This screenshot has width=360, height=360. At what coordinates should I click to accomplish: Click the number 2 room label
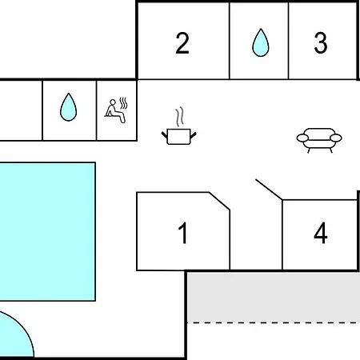point(182,43)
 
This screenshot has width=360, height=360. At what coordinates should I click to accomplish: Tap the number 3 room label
point(321,42)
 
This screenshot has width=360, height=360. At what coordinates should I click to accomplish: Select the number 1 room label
point(183,233)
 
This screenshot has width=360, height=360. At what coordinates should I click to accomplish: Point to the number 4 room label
point(321,233)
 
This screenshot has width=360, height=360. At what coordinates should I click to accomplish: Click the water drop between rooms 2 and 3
point(261,42)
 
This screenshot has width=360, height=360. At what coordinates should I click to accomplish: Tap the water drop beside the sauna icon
point(69,107)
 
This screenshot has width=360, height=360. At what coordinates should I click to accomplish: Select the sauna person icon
point(114,111)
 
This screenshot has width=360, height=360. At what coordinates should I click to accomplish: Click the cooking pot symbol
point(178,137)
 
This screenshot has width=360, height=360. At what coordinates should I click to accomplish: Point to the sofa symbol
point(319,140)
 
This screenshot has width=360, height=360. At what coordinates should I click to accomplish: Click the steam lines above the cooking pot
point(180,117)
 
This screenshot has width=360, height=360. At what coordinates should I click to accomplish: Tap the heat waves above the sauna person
point(123,103)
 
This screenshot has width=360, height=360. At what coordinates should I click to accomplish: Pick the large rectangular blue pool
point(47,231)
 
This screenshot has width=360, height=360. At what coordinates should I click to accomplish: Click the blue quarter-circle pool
point(14,336)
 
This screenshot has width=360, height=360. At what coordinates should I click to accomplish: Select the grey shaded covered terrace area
point(274,297)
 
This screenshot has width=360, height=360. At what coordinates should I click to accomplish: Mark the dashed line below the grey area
point(274,322)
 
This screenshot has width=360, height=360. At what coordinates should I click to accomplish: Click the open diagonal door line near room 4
point(269,190)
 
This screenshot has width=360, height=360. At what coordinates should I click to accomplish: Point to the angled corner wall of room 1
point(219,201)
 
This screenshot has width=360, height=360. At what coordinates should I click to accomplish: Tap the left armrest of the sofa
point(302,138)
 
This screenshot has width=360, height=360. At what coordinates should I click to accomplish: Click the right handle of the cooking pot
point(194,135)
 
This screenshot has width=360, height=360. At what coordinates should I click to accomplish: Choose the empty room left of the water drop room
point(21,110)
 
